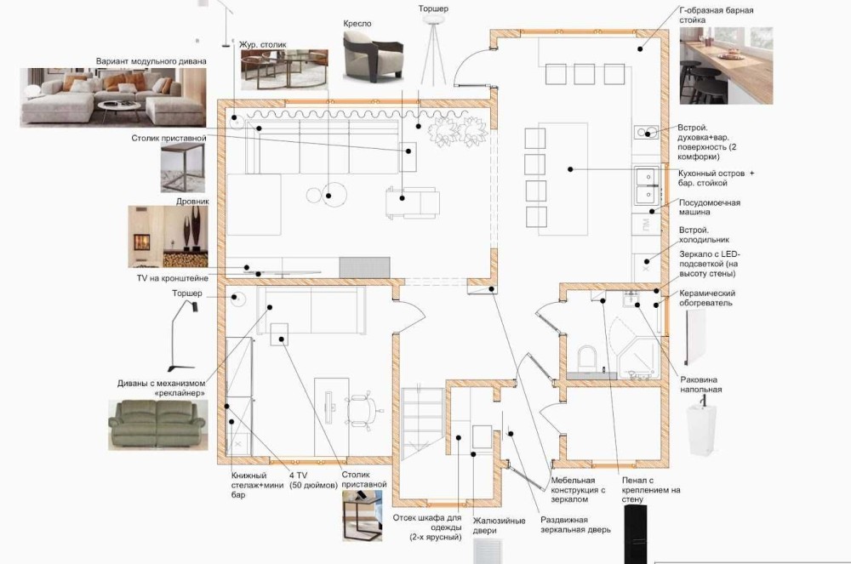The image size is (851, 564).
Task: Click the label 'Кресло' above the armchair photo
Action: click(x=357, y=24)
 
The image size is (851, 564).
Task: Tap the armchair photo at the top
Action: click(x=374, y=56)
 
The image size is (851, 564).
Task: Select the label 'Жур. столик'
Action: click(x=263, y=44)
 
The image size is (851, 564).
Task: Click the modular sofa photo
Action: click(x=113, y=98)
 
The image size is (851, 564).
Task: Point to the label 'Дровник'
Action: click(x=192, y=202)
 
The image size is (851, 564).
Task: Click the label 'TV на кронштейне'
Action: click(x=173, y=278)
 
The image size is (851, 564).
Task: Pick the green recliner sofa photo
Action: click(x=158, y=425)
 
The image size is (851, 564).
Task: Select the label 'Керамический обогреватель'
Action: click(x=706, y=298)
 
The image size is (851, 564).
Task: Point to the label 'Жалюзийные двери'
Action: click(x=499, y=525)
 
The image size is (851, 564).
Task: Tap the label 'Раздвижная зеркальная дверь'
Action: click(x=575, y=524)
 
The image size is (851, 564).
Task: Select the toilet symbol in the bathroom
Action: click(x=586, y=358)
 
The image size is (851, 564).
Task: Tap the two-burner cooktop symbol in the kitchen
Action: click(x=647, y=132)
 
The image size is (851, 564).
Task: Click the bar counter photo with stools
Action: click(x=726, y=66)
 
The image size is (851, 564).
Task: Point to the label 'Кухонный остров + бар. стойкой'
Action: click(x=716, y=178)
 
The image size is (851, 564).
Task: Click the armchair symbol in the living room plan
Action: click(x=413, y=202)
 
